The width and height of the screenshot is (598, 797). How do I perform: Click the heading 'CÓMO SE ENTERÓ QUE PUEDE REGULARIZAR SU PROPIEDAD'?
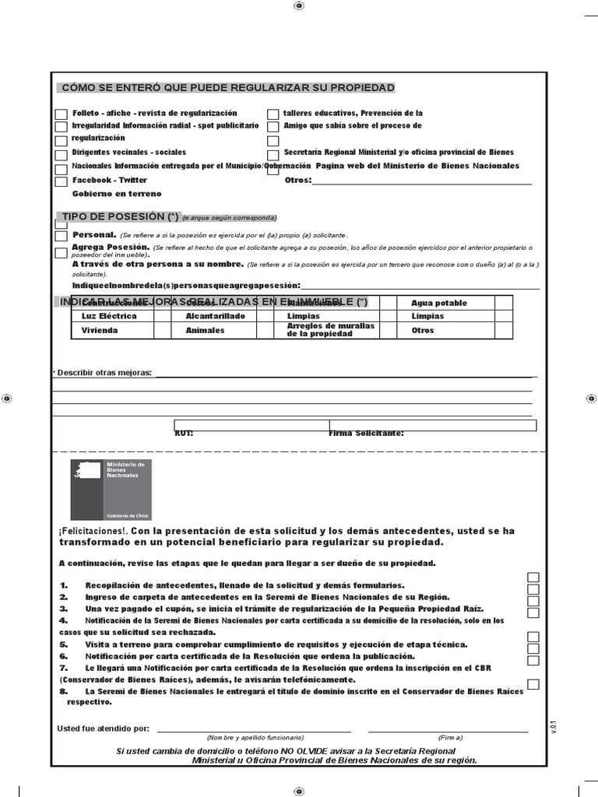pos(227,87)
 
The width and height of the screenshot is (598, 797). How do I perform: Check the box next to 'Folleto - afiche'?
pos(62,114)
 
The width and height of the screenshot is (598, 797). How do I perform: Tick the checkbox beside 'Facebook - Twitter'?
pos(62,181)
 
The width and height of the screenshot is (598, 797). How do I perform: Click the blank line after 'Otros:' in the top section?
pos(421,181)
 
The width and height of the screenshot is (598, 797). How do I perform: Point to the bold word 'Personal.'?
pos(94,234)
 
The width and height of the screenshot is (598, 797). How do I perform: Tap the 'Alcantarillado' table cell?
pos(215,316)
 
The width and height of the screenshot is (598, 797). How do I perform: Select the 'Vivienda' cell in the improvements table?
pos(100,330)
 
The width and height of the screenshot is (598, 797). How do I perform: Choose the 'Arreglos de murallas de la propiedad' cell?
pos(330,330)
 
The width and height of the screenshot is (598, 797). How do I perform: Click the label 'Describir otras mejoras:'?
pos(104,373)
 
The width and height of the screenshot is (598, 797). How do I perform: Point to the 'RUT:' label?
pos(184,433)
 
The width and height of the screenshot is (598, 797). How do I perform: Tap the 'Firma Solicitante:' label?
pos(366,433)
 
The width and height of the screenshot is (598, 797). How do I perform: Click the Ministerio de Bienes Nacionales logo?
pos(111,490)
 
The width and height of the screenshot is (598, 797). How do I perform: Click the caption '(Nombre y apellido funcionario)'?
pos(255,737)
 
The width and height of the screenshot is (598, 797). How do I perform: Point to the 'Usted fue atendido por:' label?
pos(103,729)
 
